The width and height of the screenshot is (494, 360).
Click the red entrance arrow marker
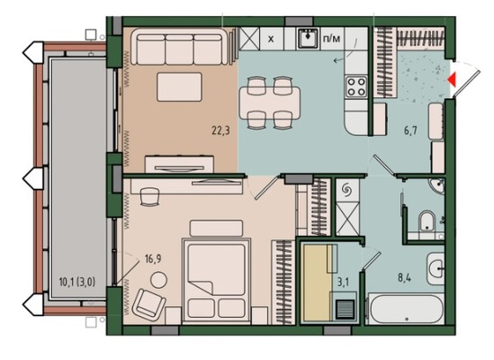[452, 79]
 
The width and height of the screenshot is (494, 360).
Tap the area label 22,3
[220, 130]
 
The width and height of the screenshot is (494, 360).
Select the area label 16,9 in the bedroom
[153, 259]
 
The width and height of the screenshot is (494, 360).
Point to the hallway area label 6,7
[411, 130]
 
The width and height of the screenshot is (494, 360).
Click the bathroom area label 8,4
[404, 278]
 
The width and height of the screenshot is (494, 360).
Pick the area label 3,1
[343, 282]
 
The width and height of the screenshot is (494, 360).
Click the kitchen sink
[308, 38]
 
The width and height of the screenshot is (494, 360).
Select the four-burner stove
[356, 86]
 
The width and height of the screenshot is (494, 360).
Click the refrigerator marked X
[271, 39]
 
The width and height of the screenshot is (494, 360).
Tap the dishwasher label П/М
[332, 39]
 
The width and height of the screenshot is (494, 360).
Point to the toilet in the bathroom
[427, 220]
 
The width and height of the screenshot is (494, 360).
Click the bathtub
[406, 309]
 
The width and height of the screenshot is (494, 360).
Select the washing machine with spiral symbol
[347, 190]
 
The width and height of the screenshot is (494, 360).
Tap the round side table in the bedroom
[158, 280]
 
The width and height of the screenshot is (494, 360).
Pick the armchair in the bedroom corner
[148, 303]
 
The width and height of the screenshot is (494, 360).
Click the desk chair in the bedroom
[149, 197]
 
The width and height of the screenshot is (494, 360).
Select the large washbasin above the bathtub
[436, 269]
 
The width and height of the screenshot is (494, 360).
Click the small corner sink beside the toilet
[437, 186]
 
